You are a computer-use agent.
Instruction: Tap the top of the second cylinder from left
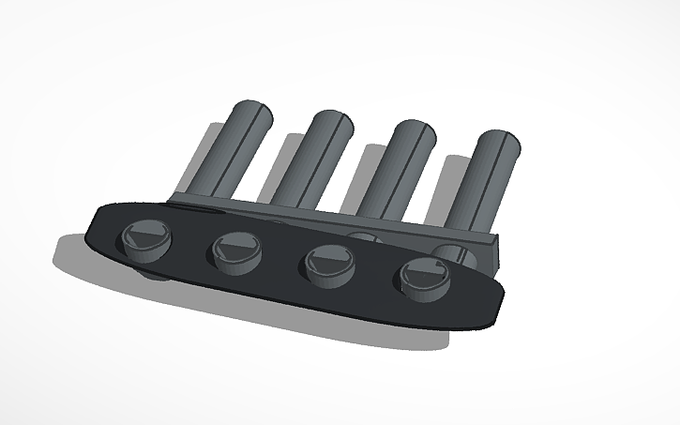click(x=328, y=125)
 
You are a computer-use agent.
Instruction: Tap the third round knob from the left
click(x=325, y=262)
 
